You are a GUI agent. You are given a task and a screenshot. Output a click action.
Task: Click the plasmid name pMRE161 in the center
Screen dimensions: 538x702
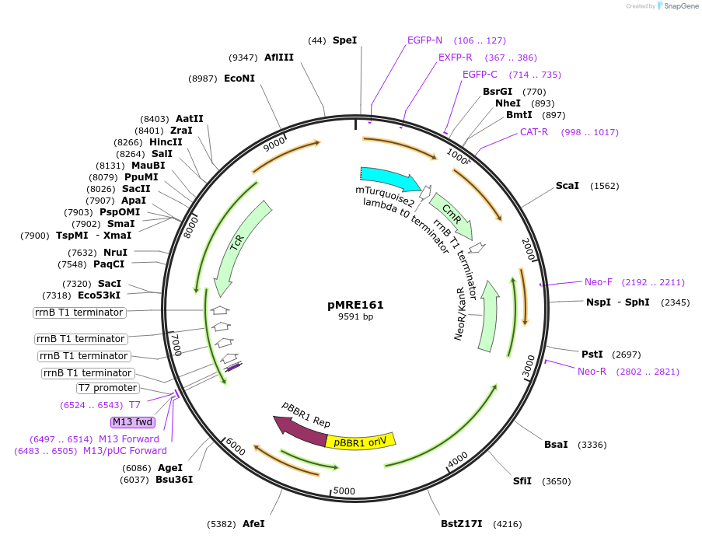(355, 305)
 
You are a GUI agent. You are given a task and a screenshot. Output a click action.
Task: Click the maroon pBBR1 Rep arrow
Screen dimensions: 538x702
(299, 431)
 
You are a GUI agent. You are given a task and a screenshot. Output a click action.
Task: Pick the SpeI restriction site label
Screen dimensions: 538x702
(344, 40)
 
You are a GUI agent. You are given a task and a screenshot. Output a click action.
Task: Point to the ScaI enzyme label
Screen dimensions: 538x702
(567, 186)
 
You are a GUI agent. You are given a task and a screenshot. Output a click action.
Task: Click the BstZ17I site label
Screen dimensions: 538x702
(462, 524)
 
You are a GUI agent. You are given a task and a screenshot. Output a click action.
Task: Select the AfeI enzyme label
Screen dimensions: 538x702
(253, 524)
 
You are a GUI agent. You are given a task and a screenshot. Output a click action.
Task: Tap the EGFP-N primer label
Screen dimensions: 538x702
(424, 40)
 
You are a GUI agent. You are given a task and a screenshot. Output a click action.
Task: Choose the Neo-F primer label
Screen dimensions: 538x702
(599, 282)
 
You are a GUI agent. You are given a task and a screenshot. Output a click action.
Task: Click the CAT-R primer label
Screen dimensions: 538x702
(534, 132)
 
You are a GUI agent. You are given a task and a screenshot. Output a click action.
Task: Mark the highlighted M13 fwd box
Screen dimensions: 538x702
(133, 422)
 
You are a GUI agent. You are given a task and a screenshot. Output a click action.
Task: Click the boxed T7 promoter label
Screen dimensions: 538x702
(108, 388)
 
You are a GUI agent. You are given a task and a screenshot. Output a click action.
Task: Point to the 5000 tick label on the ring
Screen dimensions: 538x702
(344, 491)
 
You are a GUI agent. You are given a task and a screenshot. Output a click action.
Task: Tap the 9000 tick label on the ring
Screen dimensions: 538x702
(275, 145)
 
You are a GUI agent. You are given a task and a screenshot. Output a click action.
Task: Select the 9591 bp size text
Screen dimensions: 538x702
(355, 317)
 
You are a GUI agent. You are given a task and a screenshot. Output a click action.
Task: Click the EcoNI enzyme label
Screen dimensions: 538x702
(239, 79)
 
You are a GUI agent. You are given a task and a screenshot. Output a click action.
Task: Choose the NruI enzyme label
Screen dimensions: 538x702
(115, 253)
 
